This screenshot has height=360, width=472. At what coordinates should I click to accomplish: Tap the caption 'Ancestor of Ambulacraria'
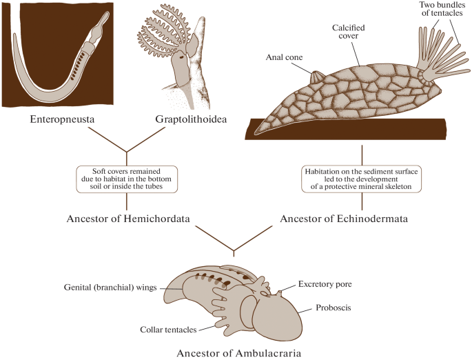point(236,353)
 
